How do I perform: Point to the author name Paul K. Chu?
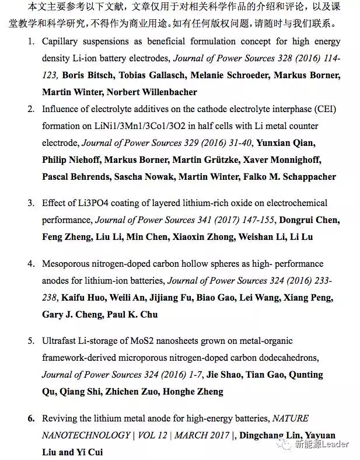click(x=132, y=314)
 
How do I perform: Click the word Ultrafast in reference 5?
click(x=60, y=341)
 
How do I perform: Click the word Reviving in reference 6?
click(x=58, y=419)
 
